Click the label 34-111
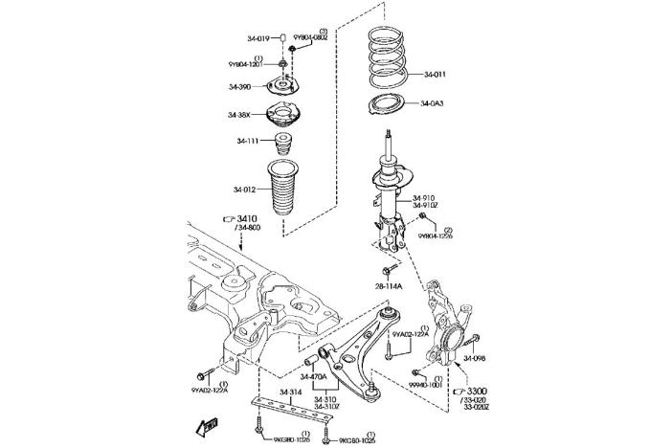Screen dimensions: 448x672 tap(249, 141)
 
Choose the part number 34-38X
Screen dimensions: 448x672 tap(239, 115)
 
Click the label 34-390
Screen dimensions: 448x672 tap(239, 87)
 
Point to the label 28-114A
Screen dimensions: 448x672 tap(389, 286)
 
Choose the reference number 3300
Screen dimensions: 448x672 tap(476, 391)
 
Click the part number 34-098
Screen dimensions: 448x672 tap(475, 359)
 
